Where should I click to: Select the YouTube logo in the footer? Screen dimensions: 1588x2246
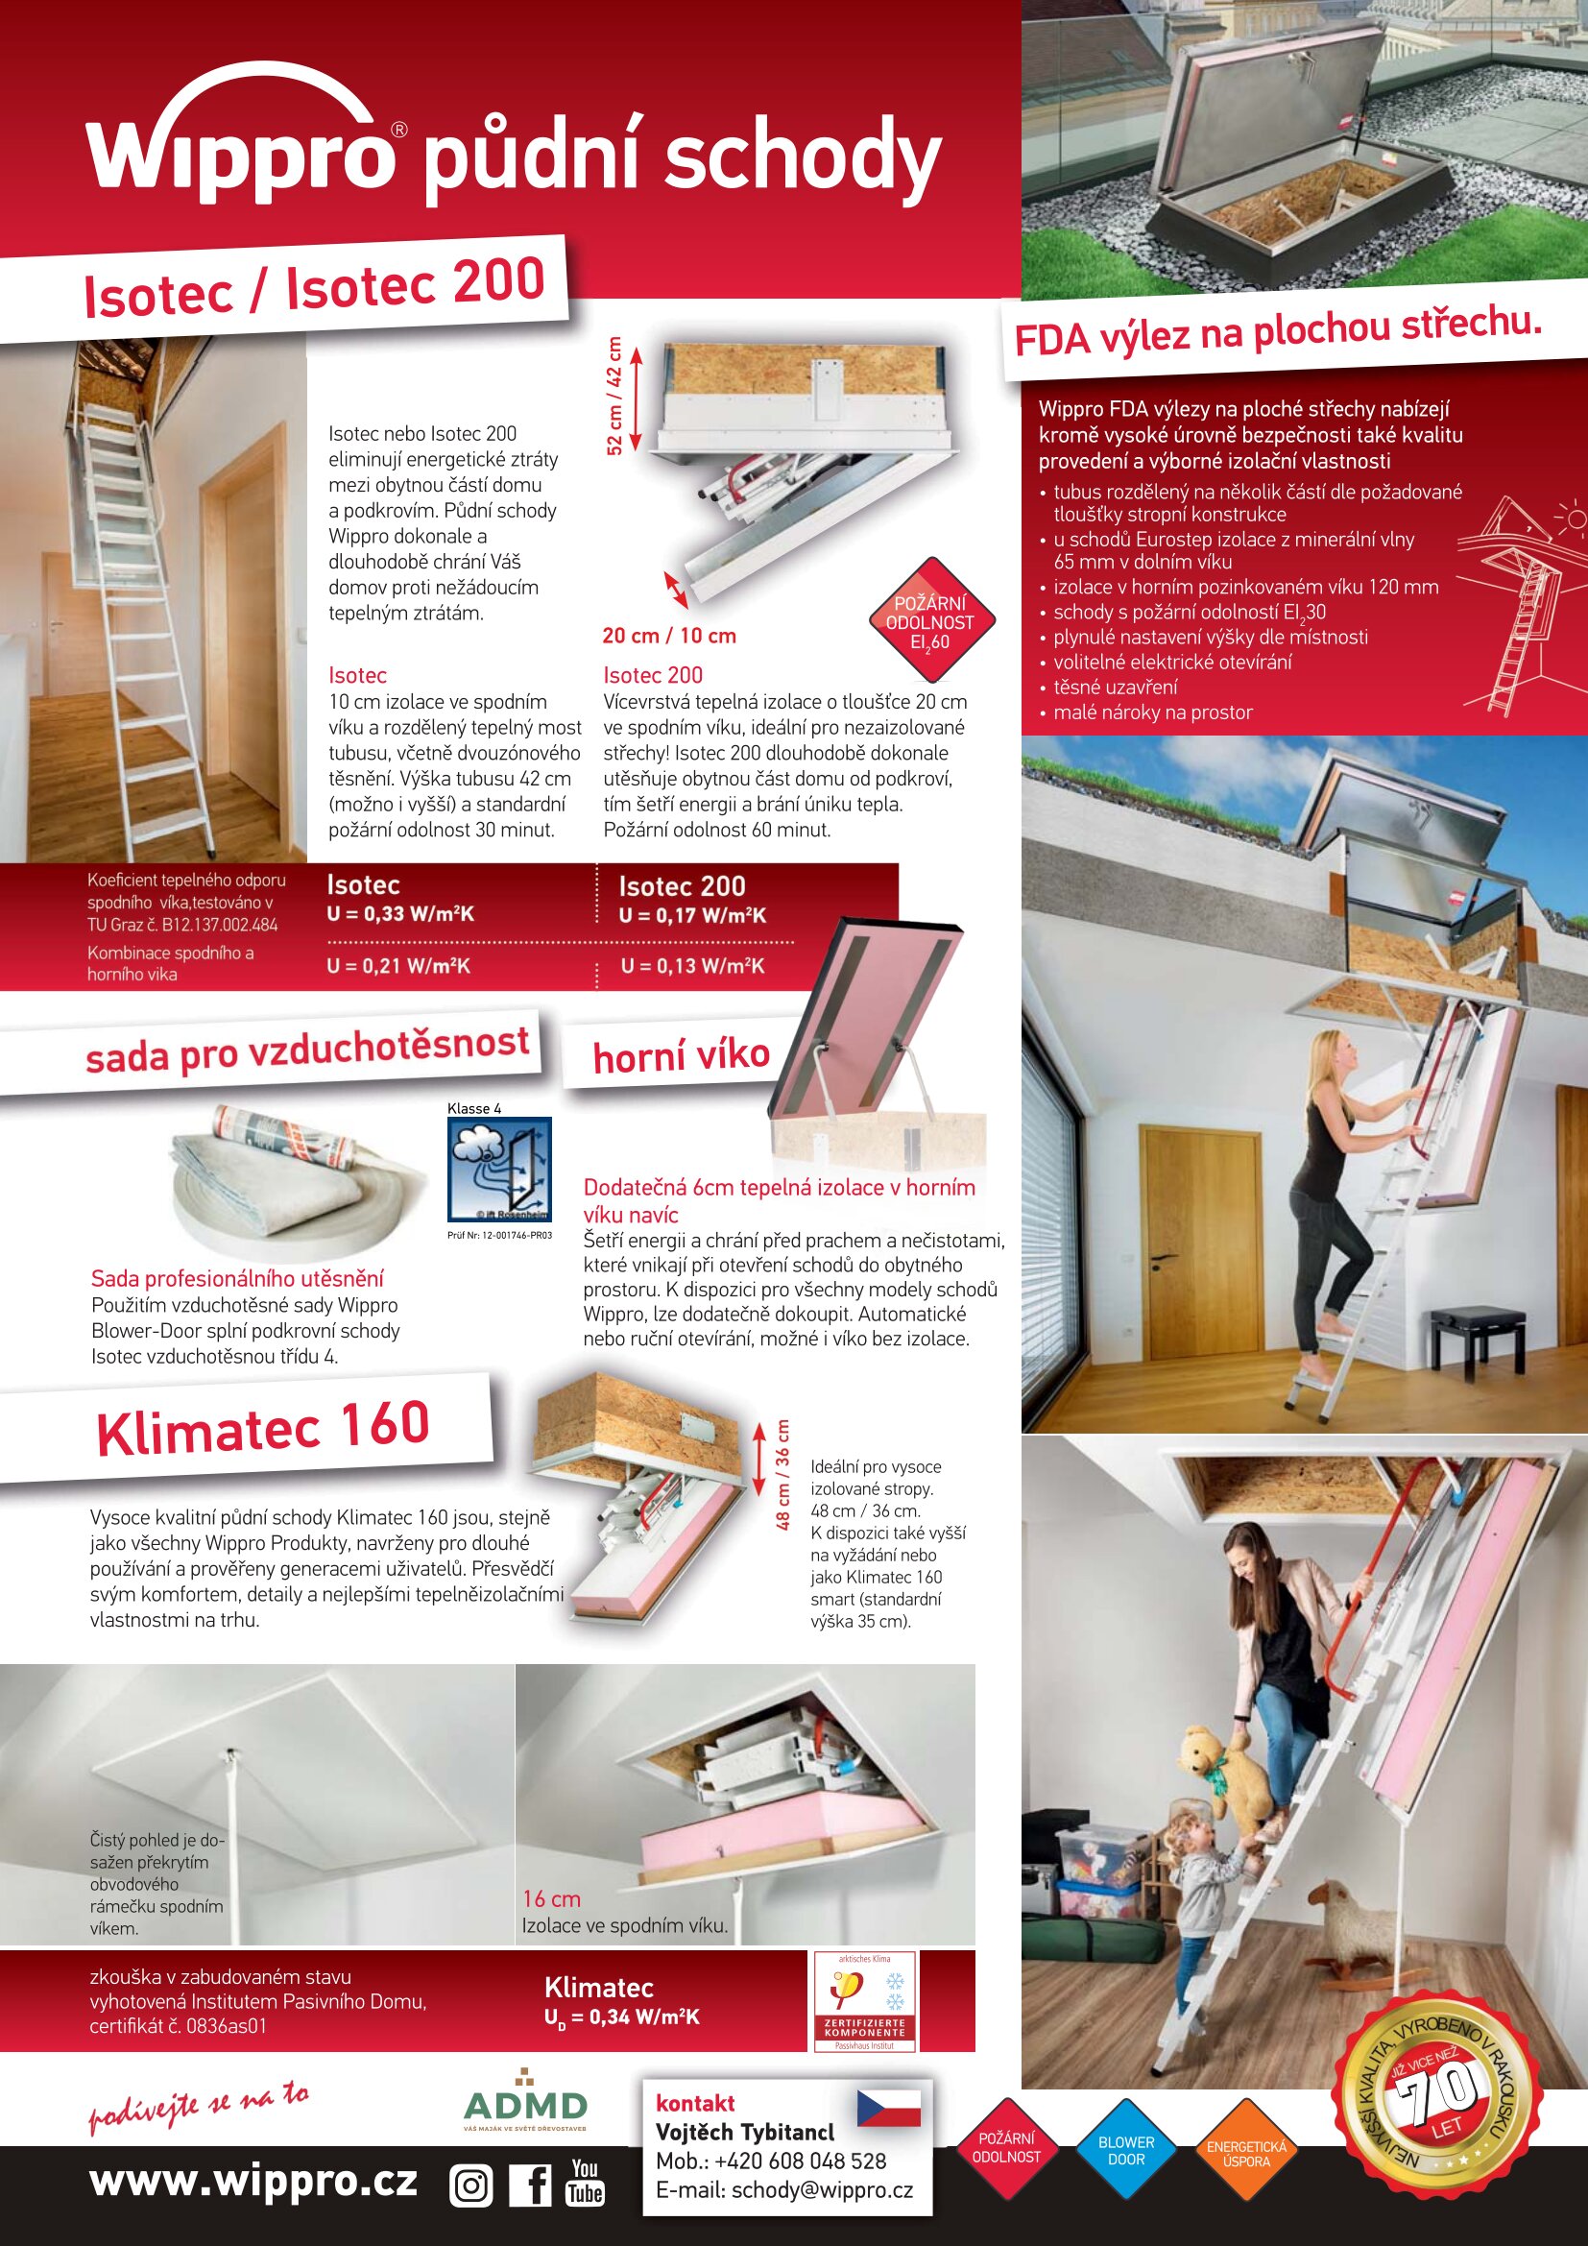click(585, 2183)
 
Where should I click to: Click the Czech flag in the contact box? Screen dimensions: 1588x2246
click(889, 2108)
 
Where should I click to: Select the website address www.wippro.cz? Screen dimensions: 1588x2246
click(253, 2181)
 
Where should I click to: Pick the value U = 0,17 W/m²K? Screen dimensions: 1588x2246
click(692, 916)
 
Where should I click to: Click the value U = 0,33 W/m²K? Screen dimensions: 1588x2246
click(400, 913)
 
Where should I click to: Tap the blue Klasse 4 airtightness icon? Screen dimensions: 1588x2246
click(499, 1169)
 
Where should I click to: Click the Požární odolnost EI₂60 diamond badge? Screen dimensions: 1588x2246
click(932, 620)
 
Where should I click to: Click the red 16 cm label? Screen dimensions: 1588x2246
click(551, 1898)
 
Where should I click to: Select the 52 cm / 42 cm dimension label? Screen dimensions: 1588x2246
click(614, 396)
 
